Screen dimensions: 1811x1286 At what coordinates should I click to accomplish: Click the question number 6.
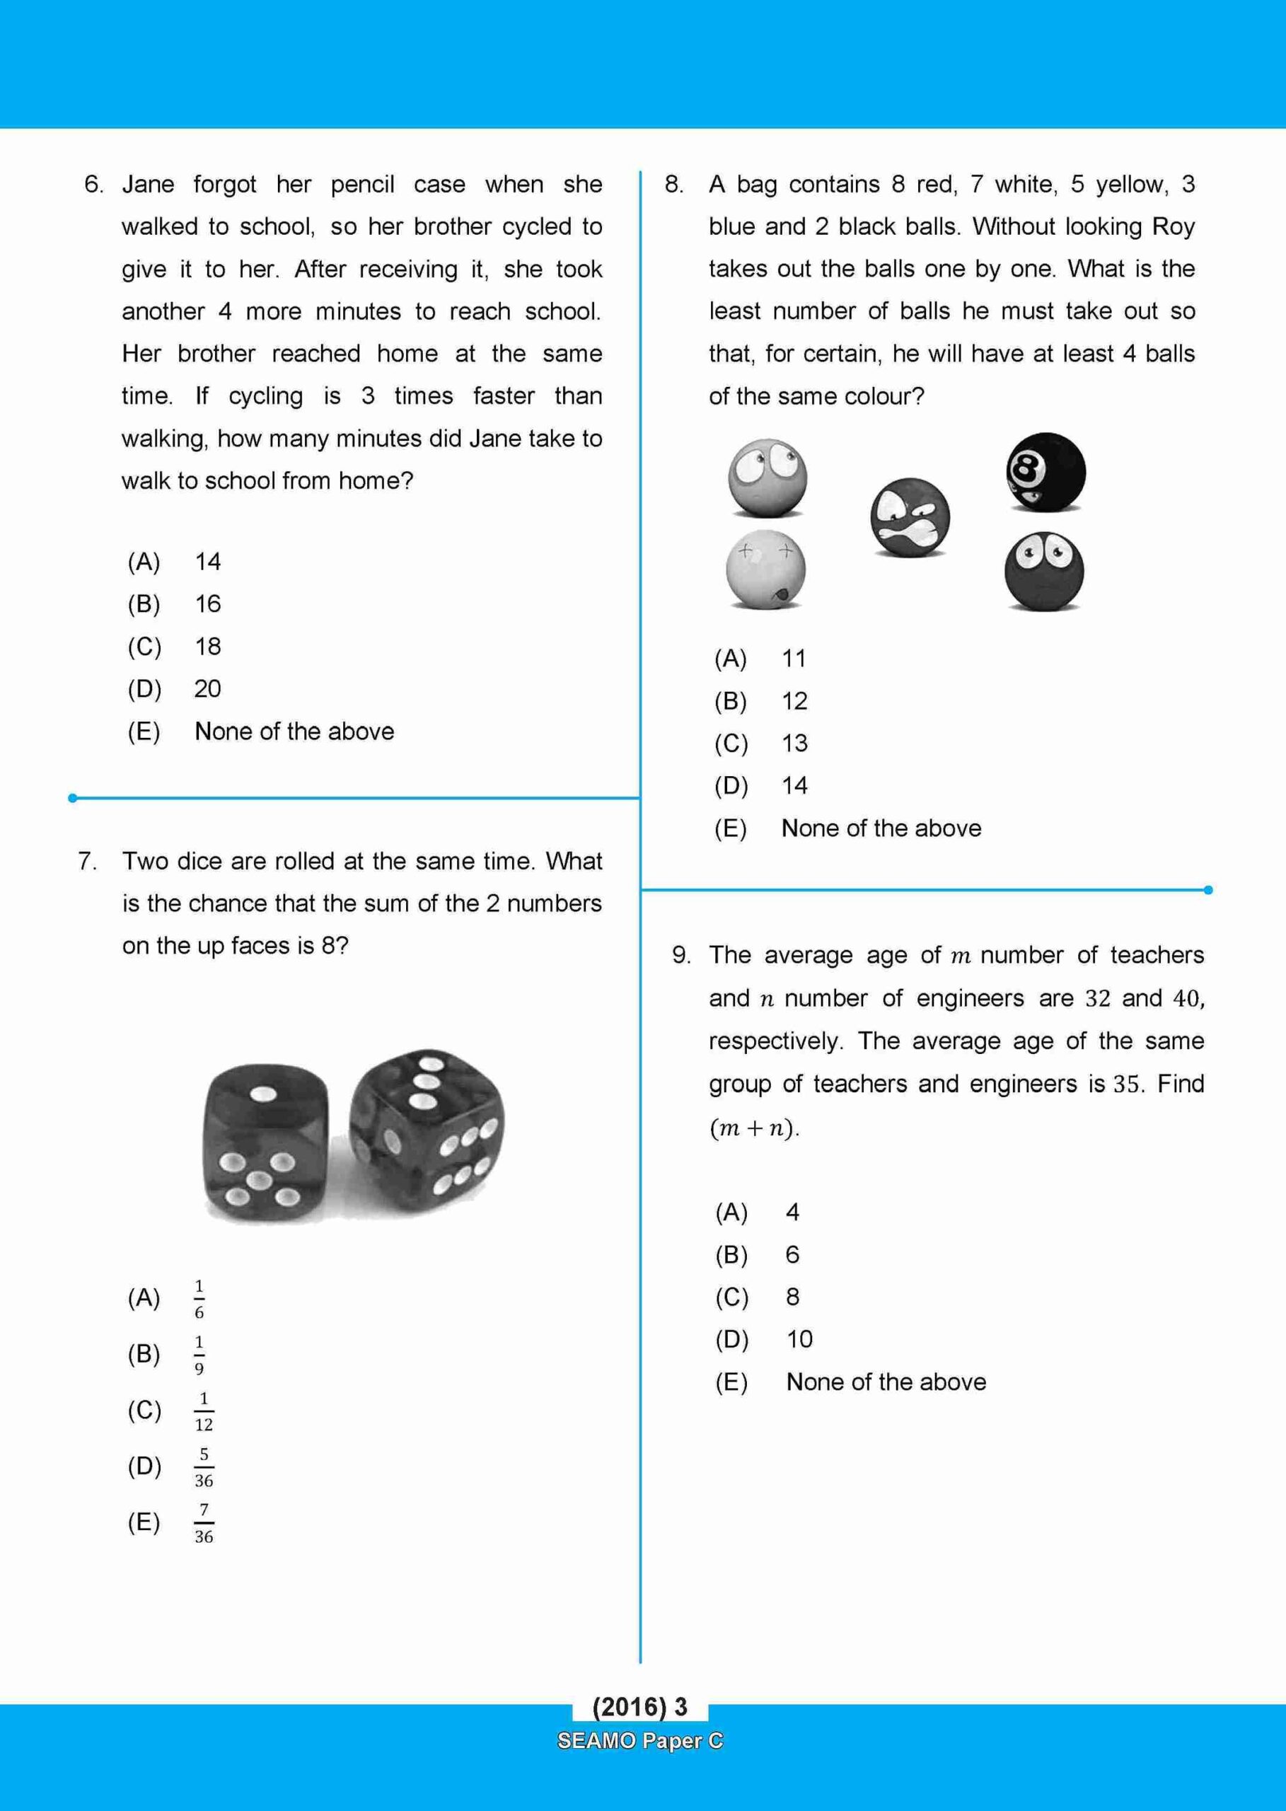click(x=93, y=185)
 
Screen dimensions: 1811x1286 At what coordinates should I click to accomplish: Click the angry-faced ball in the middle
click(x=909, y=519)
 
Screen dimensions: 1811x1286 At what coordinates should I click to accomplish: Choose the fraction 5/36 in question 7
click(x=204, y=1466)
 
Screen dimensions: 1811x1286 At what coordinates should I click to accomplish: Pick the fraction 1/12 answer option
click(x=204, y=1411)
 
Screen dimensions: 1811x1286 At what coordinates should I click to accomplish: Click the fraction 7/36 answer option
click(x=204, y=1523)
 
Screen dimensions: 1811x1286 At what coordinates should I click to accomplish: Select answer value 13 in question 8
click(x=794, y=744)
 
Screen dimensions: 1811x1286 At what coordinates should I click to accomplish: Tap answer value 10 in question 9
click(x=799, y=1339)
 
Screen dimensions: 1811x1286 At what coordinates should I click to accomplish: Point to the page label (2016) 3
click(x=640, y=1706)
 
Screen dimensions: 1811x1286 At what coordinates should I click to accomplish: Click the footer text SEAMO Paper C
click(x=640, y=1740)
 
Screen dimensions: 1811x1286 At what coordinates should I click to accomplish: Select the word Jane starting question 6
click(x=148, y=185)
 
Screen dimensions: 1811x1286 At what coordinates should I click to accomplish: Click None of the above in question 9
click(x=886, y=1382)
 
